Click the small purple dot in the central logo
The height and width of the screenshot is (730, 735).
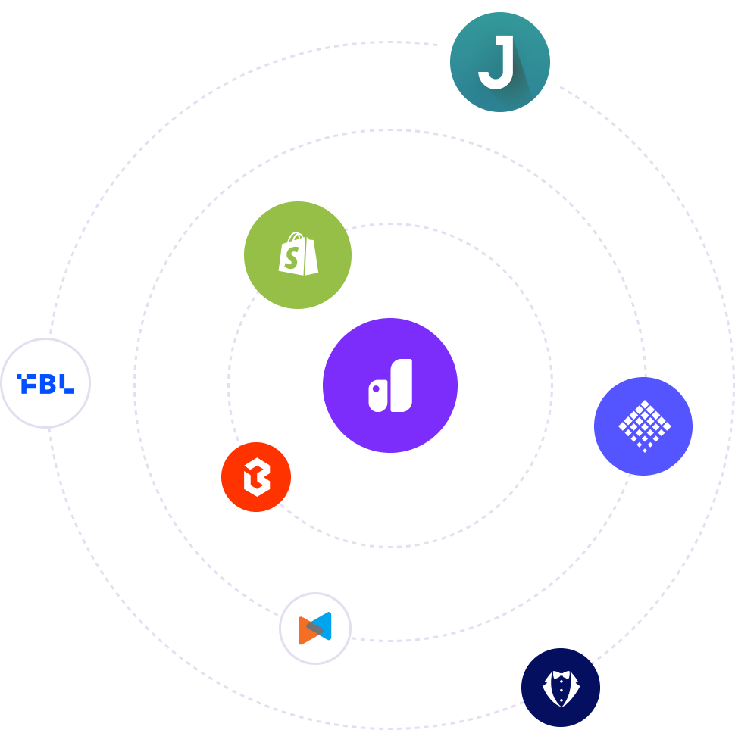[x=376, y=388]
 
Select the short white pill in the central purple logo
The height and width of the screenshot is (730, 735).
[x=378, y=397]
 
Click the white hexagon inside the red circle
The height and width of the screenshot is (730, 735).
[x=256, y=478]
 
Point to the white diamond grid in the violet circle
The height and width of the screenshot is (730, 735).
[x=644, y=425]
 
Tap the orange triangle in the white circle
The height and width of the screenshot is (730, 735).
[x=305, y=629]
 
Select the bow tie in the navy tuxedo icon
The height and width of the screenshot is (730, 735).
[x=561, y=675]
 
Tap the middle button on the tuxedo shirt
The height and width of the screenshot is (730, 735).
[x=561, y=691]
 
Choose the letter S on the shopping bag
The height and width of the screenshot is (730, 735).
[x=291, y=258]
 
